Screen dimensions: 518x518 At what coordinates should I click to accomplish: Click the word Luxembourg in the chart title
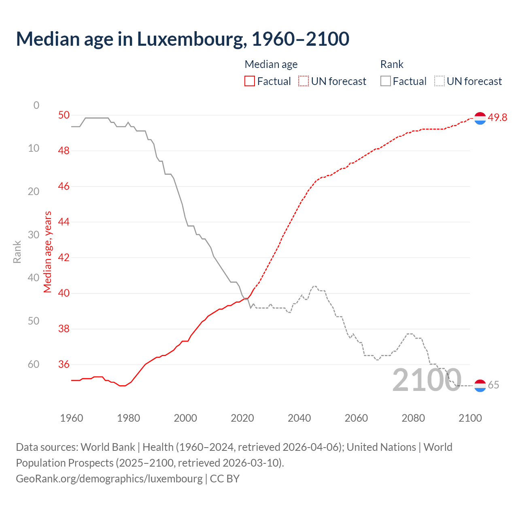click(191, 39)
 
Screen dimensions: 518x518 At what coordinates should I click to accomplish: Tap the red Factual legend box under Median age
click(250, 81)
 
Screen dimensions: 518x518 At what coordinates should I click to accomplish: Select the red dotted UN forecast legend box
click(304, 81)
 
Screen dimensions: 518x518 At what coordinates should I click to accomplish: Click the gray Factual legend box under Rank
click(386, 81)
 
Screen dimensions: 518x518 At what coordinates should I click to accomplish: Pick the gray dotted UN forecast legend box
click(439, 81)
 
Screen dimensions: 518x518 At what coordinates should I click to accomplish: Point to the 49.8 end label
click(497, 117)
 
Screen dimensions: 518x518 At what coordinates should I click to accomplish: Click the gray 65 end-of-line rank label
click(493, 385)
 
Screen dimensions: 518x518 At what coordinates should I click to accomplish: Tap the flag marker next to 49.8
click(480, 118)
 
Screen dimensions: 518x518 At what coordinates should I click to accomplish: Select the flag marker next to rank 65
click(480, 386)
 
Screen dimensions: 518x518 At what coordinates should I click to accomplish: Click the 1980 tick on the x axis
click(128, 418)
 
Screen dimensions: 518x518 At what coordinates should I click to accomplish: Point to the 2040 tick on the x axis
click(299, 418)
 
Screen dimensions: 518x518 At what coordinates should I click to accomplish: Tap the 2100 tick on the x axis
click(470, 418)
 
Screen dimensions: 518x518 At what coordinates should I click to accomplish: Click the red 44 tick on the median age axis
click(64, 222)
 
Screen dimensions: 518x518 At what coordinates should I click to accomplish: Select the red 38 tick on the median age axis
click(64, 329)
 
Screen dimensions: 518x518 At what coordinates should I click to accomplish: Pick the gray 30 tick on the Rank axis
click(34, 235)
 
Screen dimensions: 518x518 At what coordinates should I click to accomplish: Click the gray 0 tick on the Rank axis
click(36, 105)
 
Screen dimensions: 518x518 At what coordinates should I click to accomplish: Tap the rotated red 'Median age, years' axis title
click(48, 252)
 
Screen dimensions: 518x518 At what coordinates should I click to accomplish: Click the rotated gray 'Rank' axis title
click(17, 252)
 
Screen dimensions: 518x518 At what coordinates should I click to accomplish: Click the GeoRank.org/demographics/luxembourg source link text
click(109, 478)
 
